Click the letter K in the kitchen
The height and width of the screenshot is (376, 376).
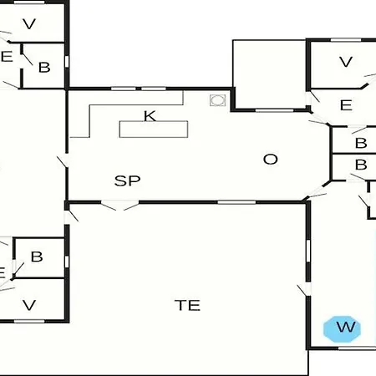(x=150, y=116)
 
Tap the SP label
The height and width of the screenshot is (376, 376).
(x=128, y=180)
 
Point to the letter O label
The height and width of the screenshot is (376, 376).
(x=271, y=160)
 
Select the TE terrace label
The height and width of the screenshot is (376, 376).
(x=187, y=305)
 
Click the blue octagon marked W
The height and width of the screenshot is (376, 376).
(x=342, y=329)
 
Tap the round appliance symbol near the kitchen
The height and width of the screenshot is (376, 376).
(x=217, y=100)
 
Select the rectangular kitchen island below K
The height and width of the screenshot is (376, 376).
(x=154, y=130)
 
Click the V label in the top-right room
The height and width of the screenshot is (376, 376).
(x=346, y=62)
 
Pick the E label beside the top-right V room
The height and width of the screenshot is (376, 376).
(x=346, y=105)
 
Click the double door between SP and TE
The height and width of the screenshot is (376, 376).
(x=119, y=205)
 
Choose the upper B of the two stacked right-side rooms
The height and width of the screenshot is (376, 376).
(x=361, y=143)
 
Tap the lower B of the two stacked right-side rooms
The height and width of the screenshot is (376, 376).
(x=361, y=165)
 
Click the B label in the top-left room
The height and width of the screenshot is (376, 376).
(x=44, y=68)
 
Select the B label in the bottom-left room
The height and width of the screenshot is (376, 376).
(x=37, y=257)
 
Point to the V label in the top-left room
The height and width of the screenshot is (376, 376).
(x=29, y=24)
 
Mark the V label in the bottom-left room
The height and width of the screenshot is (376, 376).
(x=29, y=305)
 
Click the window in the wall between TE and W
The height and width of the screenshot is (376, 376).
(x=308, y=251)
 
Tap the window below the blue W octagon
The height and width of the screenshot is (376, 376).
(x=357, y=348)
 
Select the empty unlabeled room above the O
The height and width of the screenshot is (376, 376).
(x=269, y=74)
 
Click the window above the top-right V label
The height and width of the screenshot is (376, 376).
(x=346, y=40)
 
